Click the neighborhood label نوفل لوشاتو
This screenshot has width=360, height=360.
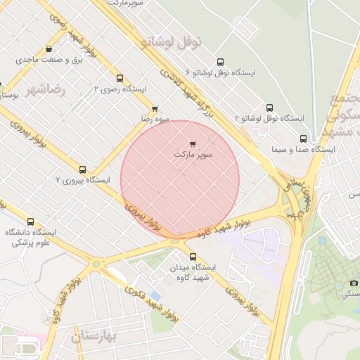pyautogui.click(x=172, y=42)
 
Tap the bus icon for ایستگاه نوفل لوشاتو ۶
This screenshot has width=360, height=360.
pyautogui.click(x=221, y=62)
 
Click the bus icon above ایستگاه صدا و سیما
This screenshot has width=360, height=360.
pyautogui.click(x=303, y=139)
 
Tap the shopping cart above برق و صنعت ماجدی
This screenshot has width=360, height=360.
pyautogui.click(x=49, y=49)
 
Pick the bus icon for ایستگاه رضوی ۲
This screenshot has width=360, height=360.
pyautogui.click(x=120, y=79)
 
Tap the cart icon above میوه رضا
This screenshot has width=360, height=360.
pyautogui.click(x=155, y=108)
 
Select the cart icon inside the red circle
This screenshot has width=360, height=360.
pyautogui.click(x=193, y=143)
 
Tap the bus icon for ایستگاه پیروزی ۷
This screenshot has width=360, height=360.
pyautogui.click(x=83, y=169)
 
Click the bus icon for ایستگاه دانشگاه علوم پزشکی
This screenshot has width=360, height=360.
pyautogui.click(x=30, y=221)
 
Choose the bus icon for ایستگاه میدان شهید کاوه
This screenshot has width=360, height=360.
pyautogui.click(x=193, y=256)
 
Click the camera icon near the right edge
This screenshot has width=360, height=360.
pyautogui.click(x=354, y=283)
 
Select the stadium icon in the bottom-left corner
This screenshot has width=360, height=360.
pyautogui.click(x=15, y=345)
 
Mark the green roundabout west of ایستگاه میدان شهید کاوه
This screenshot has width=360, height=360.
pyautogui.click(x=96, y=264)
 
